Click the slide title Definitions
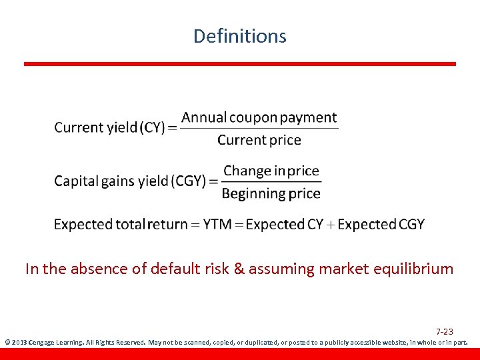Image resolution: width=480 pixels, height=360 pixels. pos(239,36)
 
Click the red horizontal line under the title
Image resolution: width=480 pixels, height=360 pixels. pos(240,64)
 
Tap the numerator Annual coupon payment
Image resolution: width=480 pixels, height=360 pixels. pos(259,118)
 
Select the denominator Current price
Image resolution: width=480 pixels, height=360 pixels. pos(259,140)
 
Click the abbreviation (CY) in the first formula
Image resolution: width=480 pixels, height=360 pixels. pos(152,127)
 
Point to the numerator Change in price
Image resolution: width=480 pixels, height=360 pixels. pos(271,171)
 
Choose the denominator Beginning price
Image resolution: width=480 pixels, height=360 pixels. pos(271,194)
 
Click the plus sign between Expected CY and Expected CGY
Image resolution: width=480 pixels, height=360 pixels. pos(331,225)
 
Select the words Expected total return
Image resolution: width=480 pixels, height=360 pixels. pos(121,225)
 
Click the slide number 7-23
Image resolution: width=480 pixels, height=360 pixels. pos(445,331)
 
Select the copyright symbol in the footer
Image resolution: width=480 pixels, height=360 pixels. pos(7,343)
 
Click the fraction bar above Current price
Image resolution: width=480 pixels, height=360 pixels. pos(259,129)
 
